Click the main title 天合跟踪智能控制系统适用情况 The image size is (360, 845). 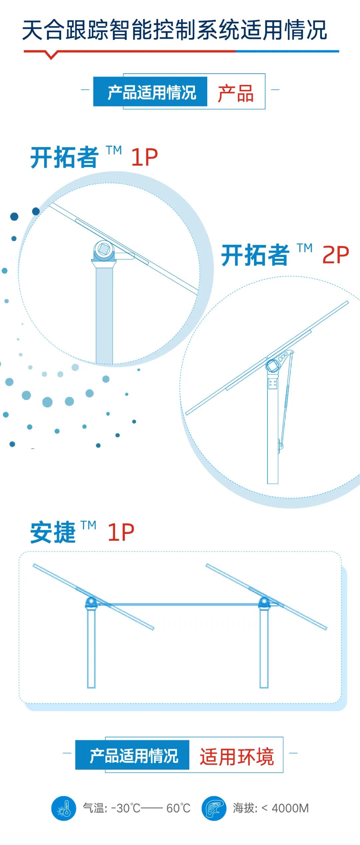(x=174, y=30)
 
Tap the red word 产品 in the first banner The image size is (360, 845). (x=236, y=93)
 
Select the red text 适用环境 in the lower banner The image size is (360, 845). (x=237, y=757)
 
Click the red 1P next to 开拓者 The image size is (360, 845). (x=144, y=157)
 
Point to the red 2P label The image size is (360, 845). (x=336, y=255)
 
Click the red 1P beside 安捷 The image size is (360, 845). (x=121, y=532)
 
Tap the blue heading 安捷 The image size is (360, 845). (x=53, y=532)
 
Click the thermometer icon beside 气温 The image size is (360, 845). (x=64, y=808)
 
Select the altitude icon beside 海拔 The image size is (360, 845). (x=214, y=808)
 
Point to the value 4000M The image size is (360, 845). (x=290, y=808)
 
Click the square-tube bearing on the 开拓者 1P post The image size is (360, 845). (x=104, y=249)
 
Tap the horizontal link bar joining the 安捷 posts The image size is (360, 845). (x=178, y=604)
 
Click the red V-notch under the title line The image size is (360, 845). (x=51, y=55)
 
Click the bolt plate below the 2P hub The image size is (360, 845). (x=273, y=383)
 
